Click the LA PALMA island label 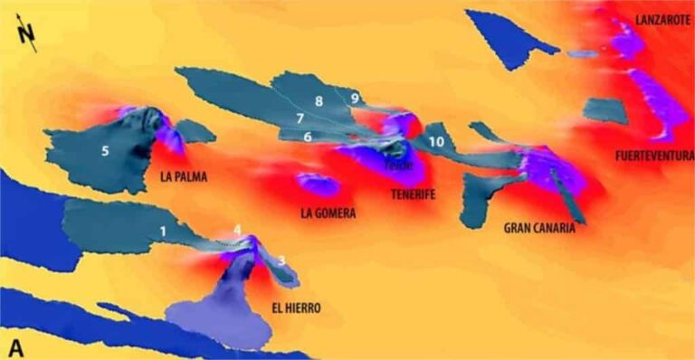[183, 177]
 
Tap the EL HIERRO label [296, 308]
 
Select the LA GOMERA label [328, 214]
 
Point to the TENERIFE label [414, 194]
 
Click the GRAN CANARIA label [539, 229]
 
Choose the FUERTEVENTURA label [654, 156]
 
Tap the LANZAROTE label [662, 19]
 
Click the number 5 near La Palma [105, 151]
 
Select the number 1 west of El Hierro [163, 231]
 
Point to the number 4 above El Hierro [237, 231]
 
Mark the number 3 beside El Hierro [281, 261]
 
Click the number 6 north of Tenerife [308, 137]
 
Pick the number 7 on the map [300, 118]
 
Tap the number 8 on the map [319, 100]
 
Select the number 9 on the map [356, 98]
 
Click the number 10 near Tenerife [436, 142]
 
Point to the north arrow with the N [29, 36]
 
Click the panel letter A [15, 347]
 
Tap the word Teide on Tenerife [398, 166]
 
